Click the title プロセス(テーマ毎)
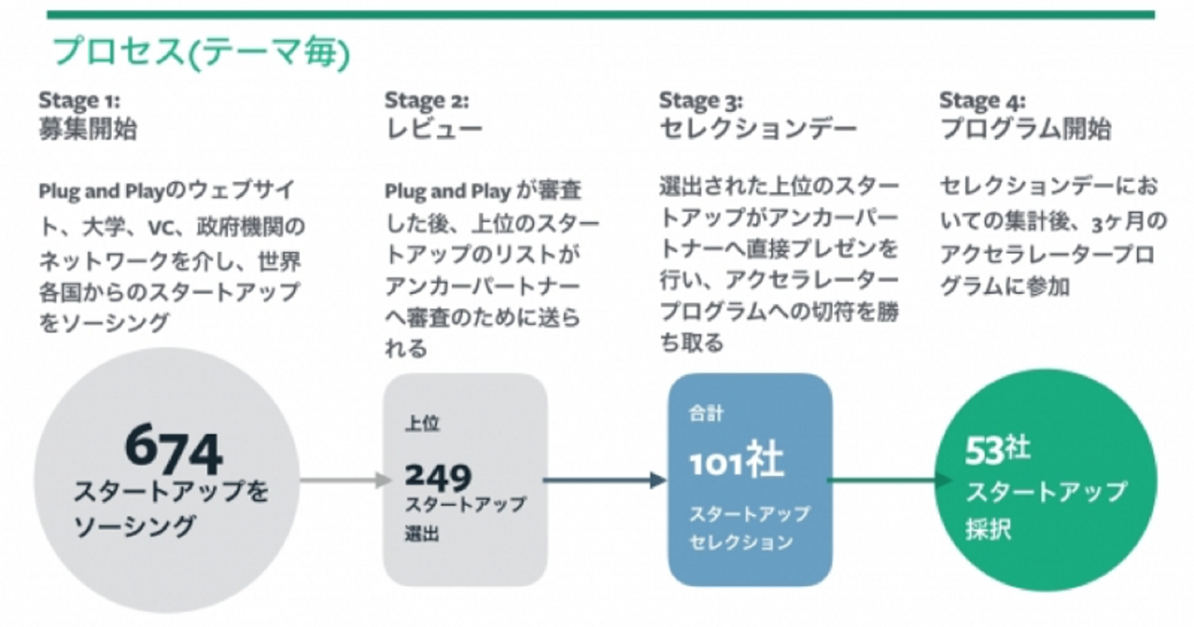201,53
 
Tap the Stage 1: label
80,100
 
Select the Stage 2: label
427,100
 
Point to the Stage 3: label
701,100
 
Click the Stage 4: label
982,100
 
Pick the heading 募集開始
88,129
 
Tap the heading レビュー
434,129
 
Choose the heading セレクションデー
758,129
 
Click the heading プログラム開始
1026,129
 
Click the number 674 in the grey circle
173,449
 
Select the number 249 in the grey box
438,476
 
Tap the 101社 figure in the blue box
736,459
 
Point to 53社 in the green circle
997,450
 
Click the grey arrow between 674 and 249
346,480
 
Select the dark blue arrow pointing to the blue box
604,480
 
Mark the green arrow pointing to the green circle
889,480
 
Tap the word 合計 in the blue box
706,413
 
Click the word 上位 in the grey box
422,423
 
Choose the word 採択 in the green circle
988,529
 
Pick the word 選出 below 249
422,533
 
